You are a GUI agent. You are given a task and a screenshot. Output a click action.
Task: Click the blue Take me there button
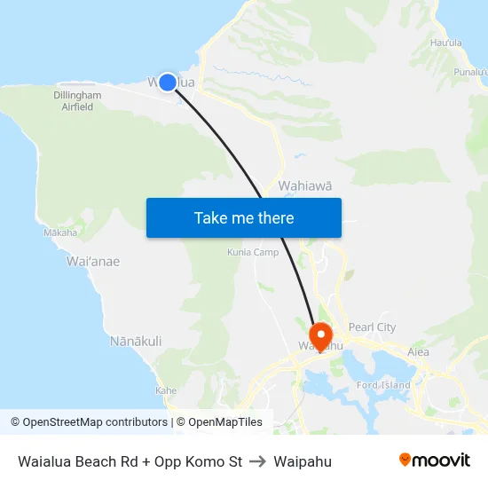[244, 217]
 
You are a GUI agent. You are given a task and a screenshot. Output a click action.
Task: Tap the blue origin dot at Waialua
[167, 82]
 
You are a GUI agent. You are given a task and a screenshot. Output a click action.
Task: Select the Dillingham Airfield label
[77, 101]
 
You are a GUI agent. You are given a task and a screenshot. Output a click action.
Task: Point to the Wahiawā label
[305, 185]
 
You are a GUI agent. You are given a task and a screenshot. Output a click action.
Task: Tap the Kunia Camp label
[253, 252]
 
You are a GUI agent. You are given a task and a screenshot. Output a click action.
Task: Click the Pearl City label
[373, 327]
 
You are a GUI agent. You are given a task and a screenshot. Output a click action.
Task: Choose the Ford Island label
[383, 384]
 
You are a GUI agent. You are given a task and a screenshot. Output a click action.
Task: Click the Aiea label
[418, 352]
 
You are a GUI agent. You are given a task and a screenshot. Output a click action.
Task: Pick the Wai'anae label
[93, 262]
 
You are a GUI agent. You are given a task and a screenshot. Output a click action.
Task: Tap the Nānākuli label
[135, 341]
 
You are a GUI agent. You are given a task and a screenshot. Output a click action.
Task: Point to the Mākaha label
[60, 232]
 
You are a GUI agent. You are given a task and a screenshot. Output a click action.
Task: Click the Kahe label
[166, 390]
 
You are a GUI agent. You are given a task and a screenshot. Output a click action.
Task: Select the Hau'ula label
[445, 42]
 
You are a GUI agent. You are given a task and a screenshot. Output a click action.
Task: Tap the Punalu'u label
[470, 72]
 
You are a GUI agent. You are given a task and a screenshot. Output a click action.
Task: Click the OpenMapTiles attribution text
[218, 422]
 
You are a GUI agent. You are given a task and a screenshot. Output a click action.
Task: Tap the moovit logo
[434, 460]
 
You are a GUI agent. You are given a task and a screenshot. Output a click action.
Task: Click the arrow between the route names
[258, 461]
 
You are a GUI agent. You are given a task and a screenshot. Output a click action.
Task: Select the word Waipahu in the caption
[303, 461]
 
